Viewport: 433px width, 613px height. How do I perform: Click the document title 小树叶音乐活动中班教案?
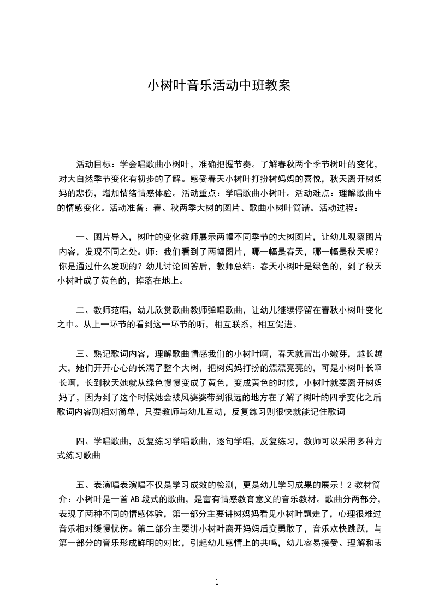(x=216, y=86)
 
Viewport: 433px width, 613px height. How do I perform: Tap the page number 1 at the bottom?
(x=217, y=582)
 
